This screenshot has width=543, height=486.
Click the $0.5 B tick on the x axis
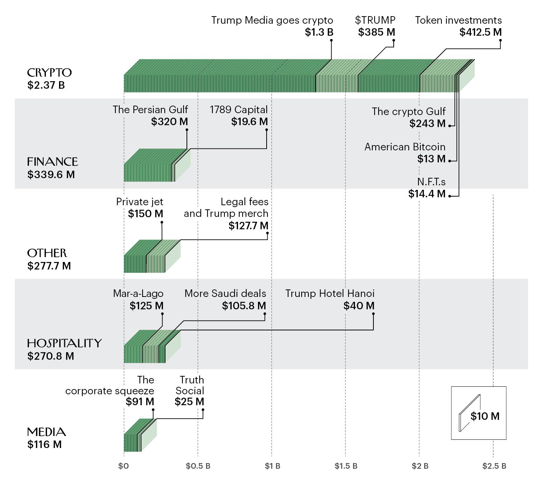coord(198,466)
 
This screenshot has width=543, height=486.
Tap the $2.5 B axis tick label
coord(494,466)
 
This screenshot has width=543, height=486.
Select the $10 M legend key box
coord(478,413)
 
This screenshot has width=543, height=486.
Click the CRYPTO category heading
coord(49,73)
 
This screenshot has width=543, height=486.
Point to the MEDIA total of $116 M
coord(44,445)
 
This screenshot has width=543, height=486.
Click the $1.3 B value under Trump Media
coord(319,32)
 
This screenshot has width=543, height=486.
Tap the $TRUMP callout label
coord(375,20)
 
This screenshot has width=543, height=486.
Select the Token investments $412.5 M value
coord(480,32)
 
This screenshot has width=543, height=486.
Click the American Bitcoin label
coord(405,147)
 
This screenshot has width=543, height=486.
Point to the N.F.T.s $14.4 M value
coord(427,194)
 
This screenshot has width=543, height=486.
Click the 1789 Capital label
coord(238,110)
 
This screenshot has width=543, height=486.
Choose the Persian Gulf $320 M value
coord(169,122)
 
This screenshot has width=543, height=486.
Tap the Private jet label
coord(140,202)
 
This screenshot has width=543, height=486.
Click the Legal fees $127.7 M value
coord(248,226)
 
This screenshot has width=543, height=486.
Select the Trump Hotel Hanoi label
coord(330,294)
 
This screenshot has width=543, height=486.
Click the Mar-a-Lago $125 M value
coord(146,306)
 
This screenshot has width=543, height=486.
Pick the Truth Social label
coord(190,385)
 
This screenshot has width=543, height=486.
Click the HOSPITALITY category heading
coord(64,343)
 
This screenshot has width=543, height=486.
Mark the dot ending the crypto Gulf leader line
coord(450,126)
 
